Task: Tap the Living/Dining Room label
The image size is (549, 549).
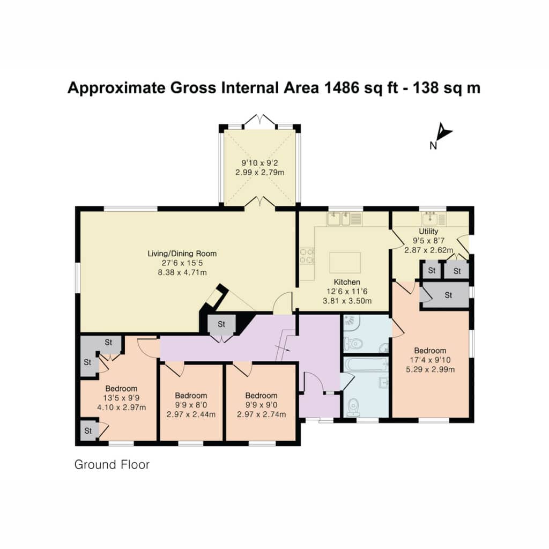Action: click(182, 254)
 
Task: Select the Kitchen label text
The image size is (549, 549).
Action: click(347, 282)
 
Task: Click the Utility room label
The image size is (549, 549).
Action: click(428, 232)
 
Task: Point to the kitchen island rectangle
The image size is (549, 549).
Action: click(345, 262)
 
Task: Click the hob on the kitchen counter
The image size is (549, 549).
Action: click(307, 256)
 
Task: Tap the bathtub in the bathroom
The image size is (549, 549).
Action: click(366, 365)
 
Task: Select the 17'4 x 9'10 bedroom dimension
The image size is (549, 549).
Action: click(431, 360)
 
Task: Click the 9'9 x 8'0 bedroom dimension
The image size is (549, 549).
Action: click(191, 405)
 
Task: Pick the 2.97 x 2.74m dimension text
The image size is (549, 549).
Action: click(262, 414)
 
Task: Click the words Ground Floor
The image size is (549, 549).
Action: click(112, 465)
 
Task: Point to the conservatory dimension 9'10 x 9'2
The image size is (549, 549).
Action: click(260, 163)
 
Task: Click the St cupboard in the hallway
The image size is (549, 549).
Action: click(221, 324)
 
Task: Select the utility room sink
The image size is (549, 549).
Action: click(430, 219)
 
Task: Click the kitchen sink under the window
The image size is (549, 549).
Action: click(339, 219)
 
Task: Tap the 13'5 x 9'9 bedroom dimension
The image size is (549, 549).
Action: click(122, 398)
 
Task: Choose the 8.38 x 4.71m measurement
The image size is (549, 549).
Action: click(182, 272)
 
